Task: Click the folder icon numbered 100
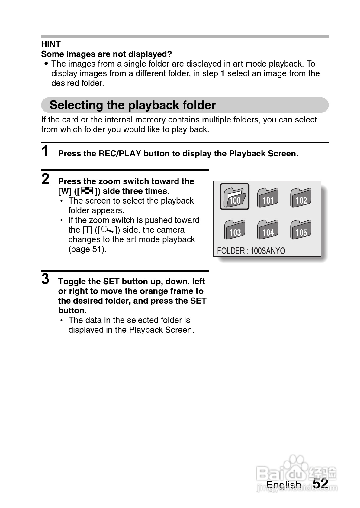(x=235, y=197)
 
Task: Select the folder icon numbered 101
(x=268, y=197)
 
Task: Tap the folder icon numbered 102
(x=301, y=197)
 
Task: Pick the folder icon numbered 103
(x=235, y=230)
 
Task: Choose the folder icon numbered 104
(x=268, y=230)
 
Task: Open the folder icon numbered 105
(x=301, y=230)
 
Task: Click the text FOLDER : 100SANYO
(x=251, y=251)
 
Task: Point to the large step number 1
(x=45, y=151)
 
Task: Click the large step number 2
(x=45, y=179)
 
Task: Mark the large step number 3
(x=45, y=279)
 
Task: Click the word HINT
(x=51, y=44)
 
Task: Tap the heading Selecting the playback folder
(x=133, y=105)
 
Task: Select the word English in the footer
(x=283, y=485)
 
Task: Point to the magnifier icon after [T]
(x=108, y=230)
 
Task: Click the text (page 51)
(x=88, y=249)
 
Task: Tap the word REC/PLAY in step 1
(x=120, y=154)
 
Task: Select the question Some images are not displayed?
(x=106, y=54)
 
